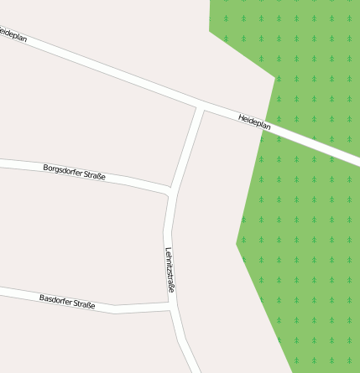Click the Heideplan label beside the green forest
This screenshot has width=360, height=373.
(254, 122)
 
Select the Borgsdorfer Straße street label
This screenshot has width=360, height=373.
(74, 173)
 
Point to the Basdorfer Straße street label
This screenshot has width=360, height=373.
(67, 302)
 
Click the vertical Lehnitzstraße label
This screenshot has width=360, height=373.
(170, 270)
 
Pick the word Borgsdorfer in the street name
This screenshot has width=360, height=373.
(63, 171)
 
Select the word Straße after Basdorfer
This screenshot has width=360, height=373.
(84, 304)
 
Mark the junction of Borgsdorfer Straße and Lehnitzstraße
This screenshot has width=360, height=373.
(170, 191)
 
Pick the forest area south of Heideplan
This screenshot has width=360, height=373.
(302, 251)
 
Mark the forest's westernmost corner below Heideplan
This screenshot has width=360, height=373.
(237, 244)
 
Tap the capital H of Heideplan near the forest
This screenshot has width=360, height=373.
(241, 117)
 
